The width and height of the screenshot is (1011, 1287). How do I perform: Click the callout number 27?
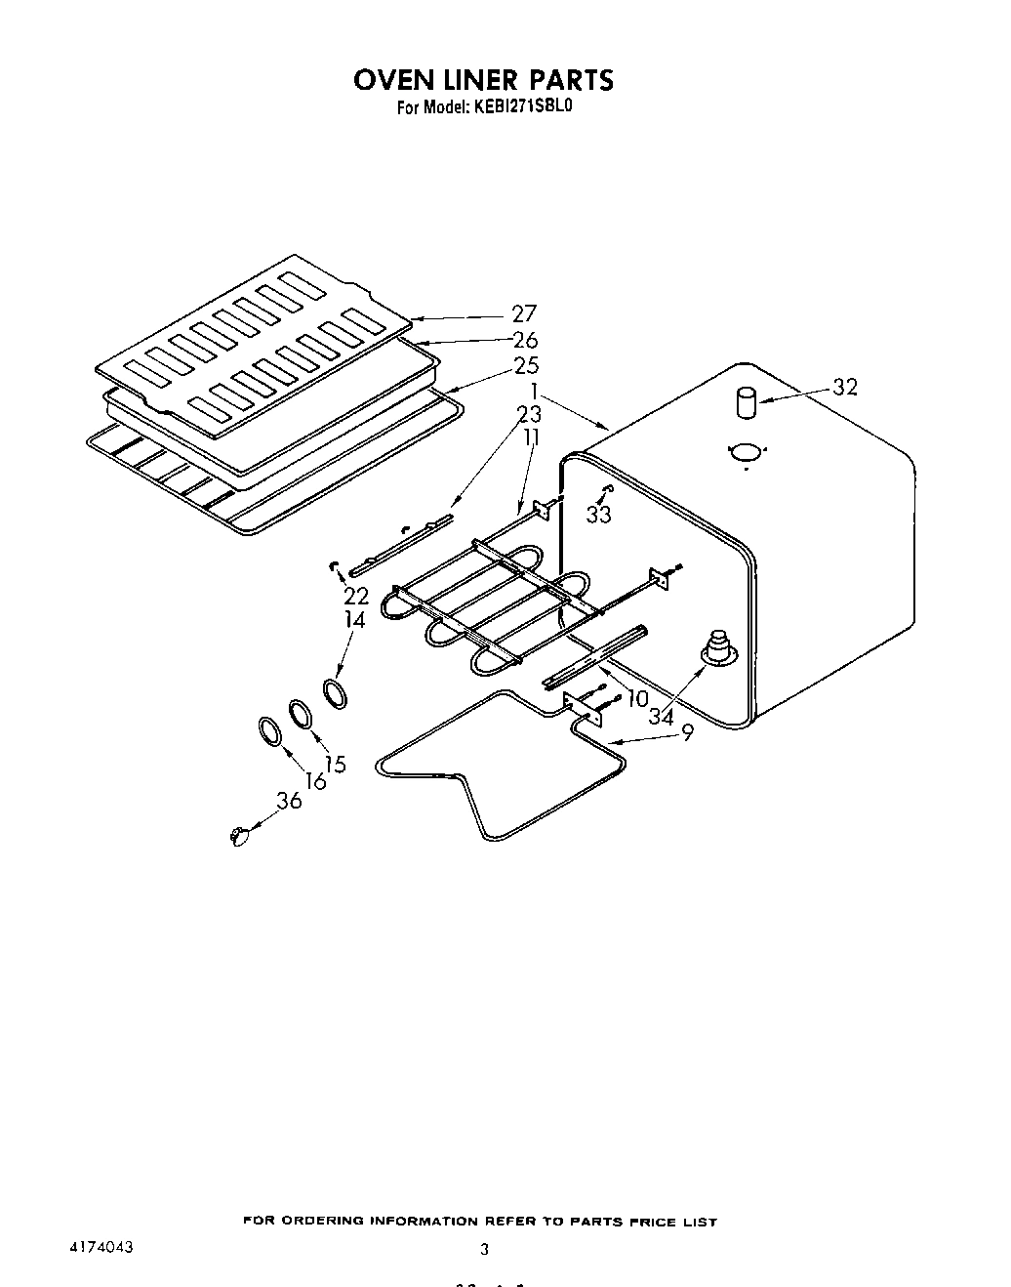(524, 313)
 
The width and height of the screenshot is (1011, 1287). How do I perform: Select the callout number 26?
(525, 340)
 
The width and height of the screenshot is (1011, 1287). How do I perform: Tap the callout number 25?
(525, 366)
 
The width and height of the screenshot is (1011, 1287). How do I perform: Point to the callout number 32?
(845, 387)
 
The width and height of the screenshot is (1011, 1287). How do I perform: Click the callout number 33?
(598, 514)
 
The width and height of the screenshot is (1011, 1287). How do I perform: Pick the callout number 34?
(661, 715)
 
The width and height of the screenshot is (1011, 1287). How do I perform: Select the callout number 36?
(289, 800)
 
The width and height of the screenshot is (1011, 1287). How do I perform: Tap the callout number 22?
(355, 595)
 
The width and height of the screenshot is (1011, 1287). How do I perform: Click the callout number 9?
(687, 731)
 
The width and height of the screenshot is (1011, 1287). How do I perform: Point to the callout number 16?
(315, 753)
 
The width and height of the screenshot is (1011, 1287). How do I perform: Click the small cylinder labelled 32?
(747, 401)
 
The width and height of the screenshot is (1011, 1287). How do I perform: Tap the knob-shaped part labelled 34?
(718, 646)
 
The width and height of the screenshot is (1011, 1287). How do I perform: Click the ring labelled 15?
(301, 713)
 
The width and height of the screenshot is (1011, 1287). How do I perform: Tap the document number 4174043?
(101, 1248)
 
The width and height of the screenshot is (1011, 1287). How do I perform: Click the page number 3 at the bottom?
(484, 1249)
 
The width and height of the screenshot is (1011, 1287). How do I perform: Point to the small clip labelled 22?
(335, 565)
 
